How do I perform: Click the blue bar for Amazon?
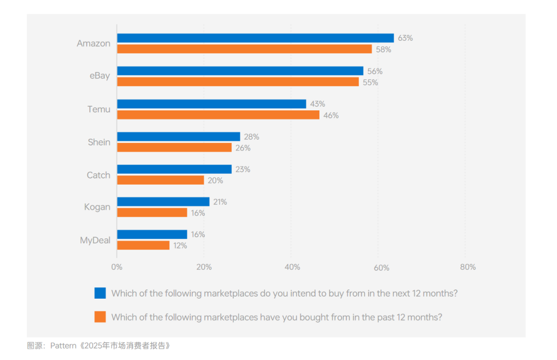(255, 38)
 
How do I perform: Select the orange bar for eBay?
(238, 82)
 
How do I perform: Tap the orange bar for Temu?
(218, 115)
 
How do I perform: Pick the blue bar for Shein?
(178, 137)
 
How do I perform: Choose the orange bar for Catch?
(160, 180)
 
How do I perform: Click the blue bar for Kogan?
(163, 202)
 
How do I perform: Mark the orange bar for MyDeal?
(143, 246)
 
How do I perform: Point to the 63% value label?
(405, 38)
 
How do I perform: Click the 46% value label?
(331, 116)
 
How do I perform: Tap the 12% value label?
(181, 246)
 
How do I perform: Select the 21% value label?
(220, 202)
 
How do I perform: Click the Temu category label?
(99, 109)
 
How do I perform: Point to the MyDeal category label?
(95, 240)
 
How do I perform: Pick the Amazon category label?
(93, 44)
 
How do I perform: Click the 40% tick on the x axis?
(292, 267)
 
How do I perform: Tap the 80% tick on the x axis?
(468, 267)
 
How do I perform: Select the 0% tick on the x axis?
(117, 267)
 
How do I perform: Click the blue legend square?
(100, 293)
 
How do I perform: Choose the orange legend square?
(100, 317)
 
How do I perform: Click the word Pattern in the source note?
(64, 346)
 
